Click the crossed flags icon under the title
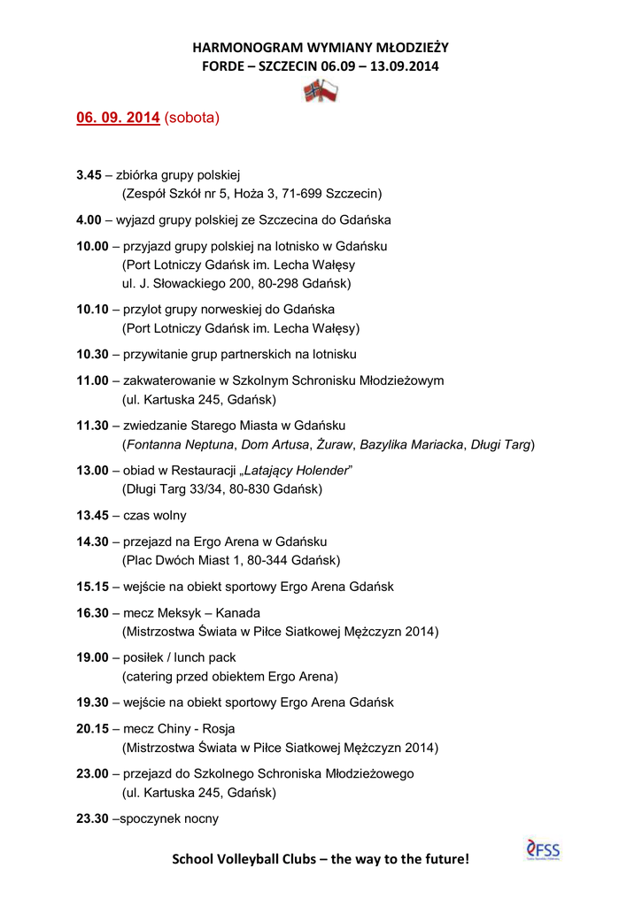[321, 90]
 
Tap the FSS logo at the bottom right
[543, 850]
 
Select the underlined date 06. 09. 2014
[118, 118]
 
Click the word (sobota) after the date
[192, 118]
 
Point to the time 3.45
[89, 175]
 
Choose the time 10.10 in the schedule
[92, 310]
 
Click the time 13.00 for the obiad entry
[92, 470]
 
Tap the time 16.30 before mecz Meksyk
[92, 612]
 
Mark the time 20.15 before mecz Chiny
[92, 728]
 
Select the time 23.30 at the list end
[92, 818]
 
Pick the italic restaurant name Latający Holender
[298, 470]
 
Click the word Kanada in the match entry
[239, 612]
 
